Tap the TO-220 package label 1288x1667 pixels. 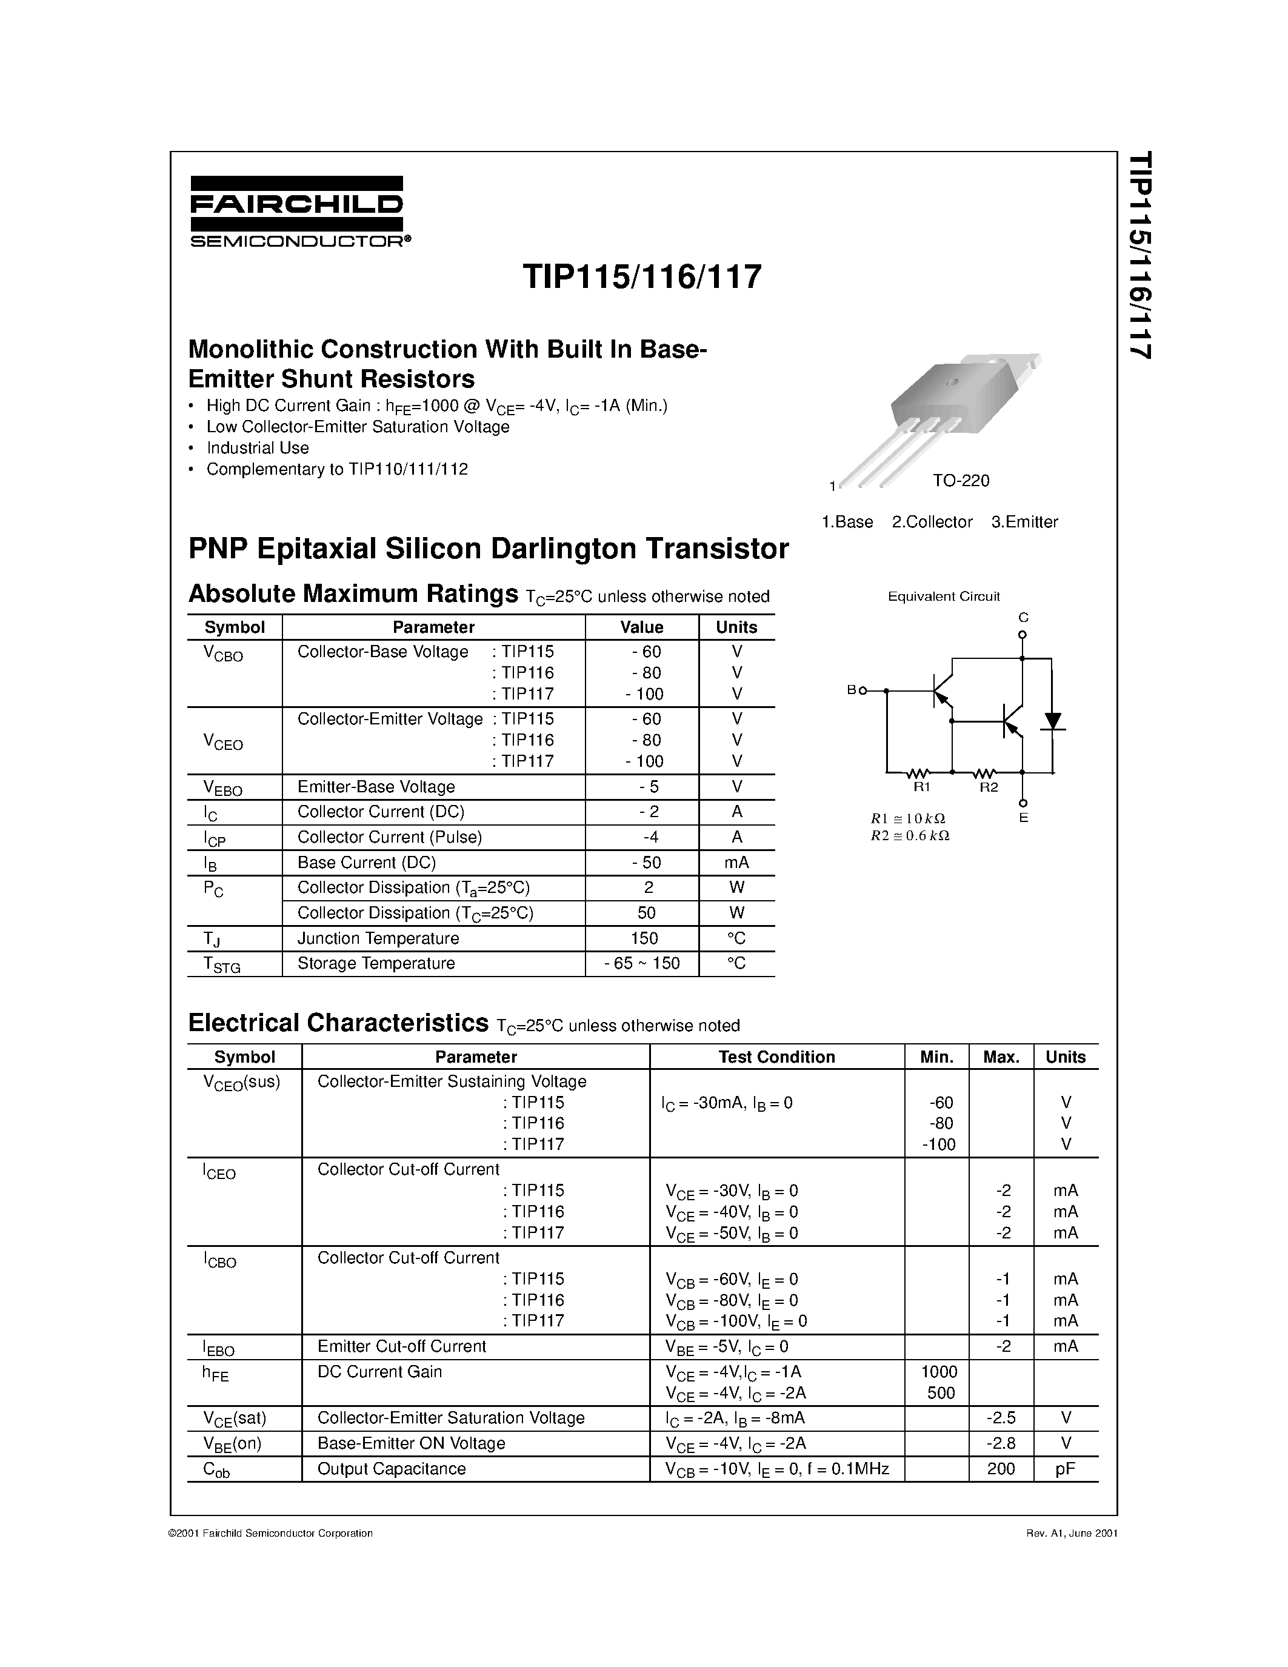pos(960,481)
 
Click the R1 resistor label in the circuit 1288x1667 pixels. pos(922,787)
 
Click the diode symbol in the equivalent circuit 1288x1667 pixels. pos(1053,721)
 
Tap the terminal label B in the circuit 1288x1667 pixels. pos(852,690)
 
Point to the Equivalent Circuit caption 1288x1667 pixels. pos(943,596)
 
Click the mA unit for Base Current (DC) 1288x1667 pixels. pos(736,863)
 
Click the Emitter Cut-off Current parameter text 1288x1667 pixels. pos(401,1346)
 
